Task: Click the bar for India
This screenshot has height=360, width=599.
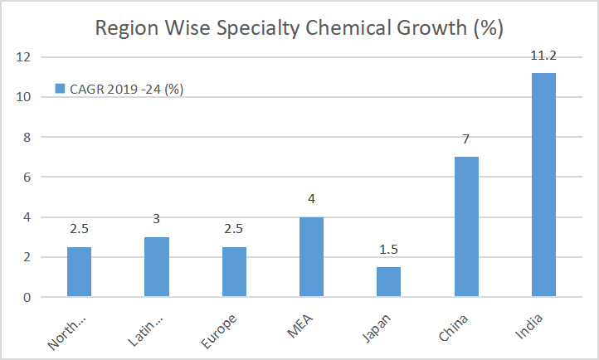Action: pos(543,185)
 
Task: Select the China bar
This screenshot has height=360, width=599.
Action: pos(466,226)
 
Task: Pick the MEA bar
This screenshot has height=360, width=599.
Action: pos(311,257)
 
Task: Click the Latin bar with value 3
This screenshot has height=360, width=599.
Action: pos(157,267)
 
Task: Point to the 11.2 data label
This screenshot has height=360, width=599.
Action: pos(543,56)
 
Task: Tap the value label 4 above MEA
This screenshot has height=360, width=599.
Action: pos(311,200)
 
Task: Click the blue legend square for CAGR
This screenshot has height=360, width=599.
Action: pos(59,89)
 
